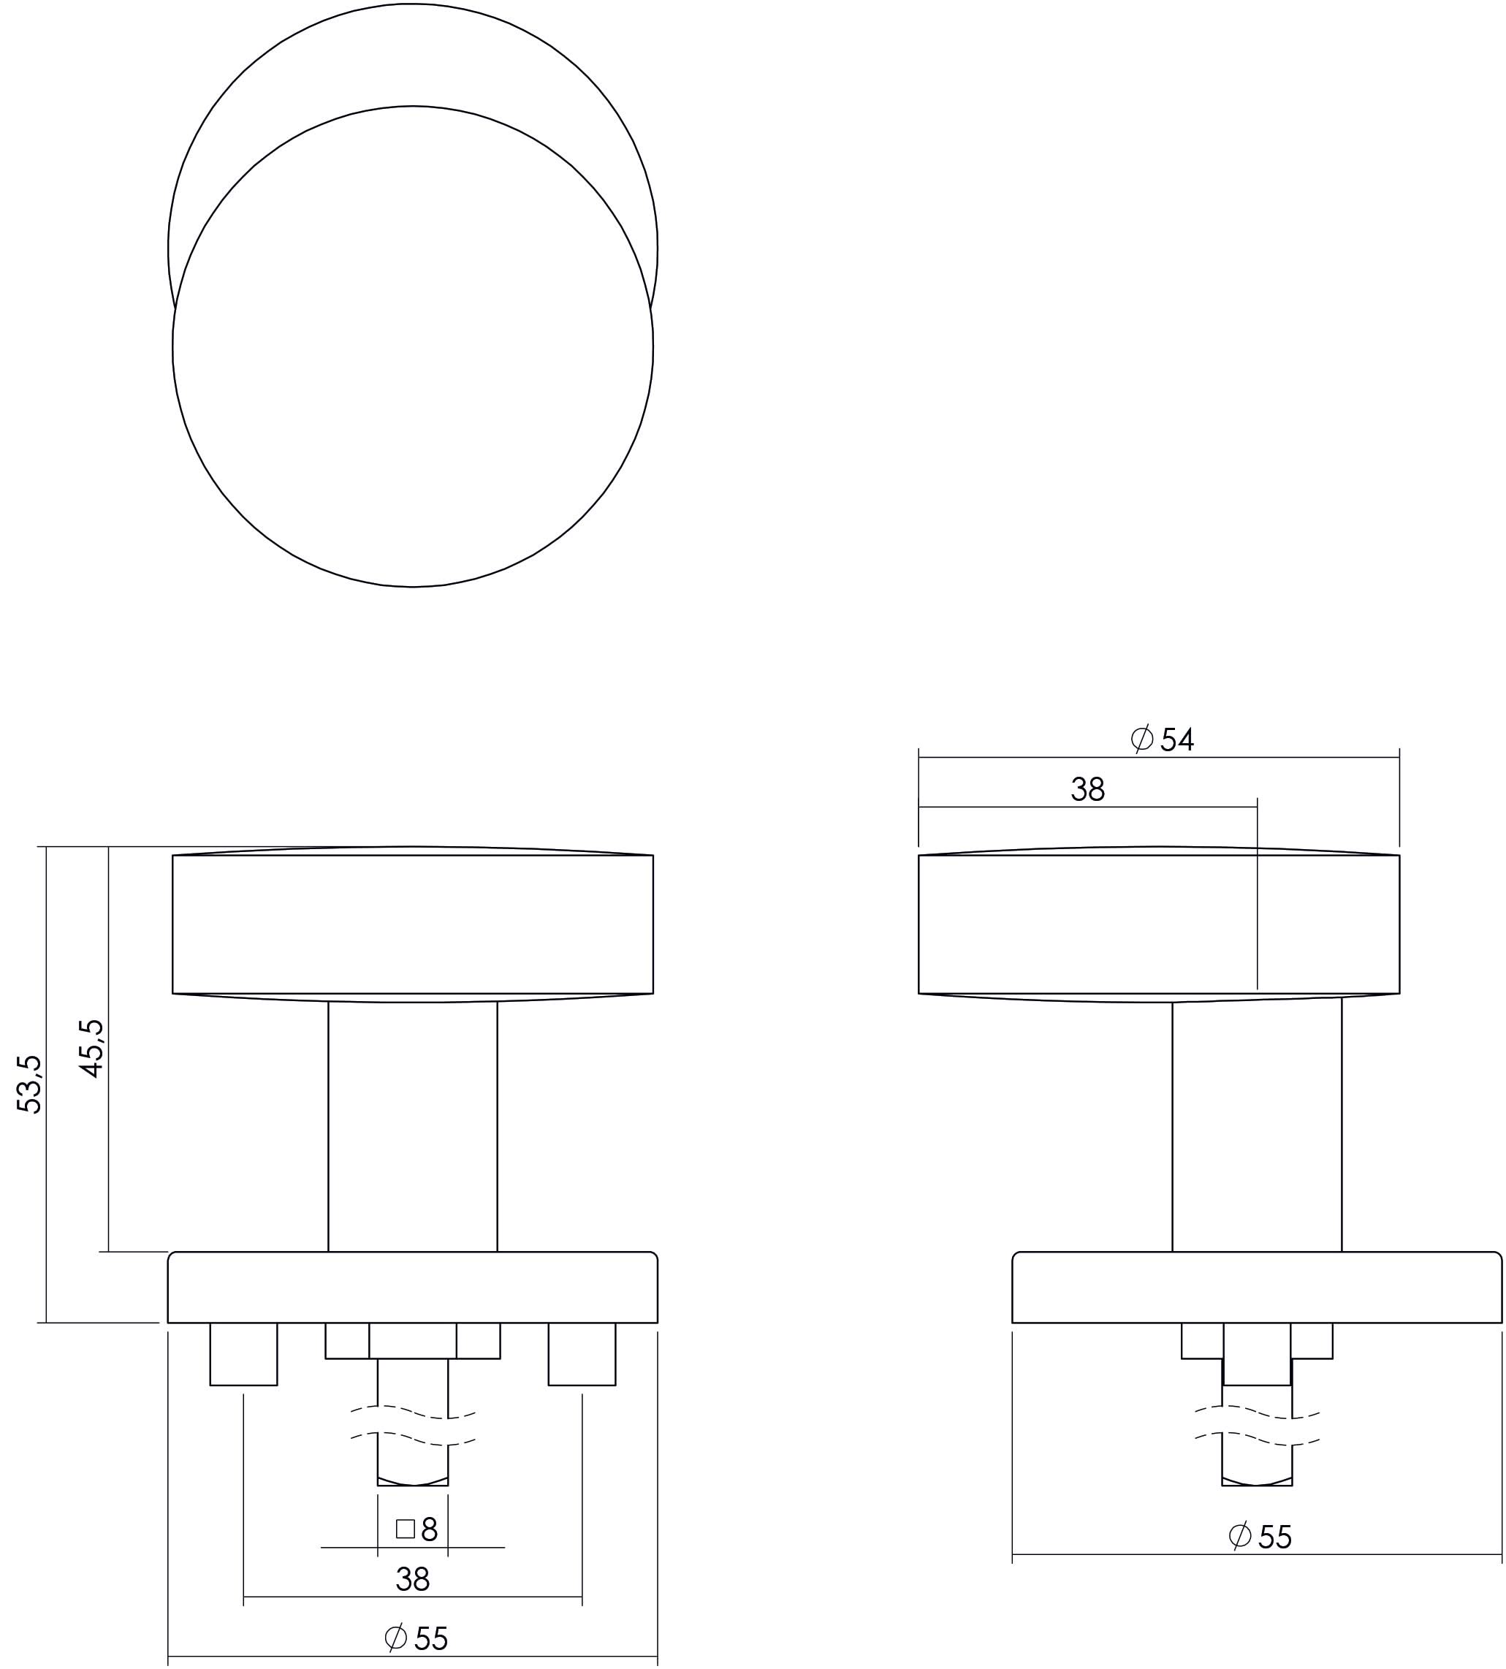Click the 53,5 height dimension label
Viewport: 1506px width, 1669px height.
(x=29, y=1084)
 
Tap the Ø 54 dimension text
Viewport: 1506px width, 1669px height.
(x=1162, y=740)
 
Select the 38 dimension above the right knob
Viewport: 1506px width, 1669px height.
(x=1087, y=789)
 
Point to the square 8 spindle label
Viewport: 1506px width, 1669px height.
(x=417, y=1530)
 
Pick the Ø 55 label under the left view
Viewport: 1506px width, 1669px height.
(x=417, y=1638)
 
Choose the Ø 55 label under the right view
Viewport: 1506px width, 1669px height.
(x=1260, y=1537)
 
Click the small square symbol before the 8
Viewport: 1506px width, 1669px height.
(x=406, y=1529)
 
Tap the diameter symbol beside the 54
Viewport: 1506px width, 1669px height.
(x=1142, y=739)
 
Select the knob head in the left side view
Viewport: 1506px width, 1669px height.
(x=412, y=924)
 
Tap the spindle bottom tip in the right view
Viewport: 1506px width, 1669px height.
(x=1256, y=1481)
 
